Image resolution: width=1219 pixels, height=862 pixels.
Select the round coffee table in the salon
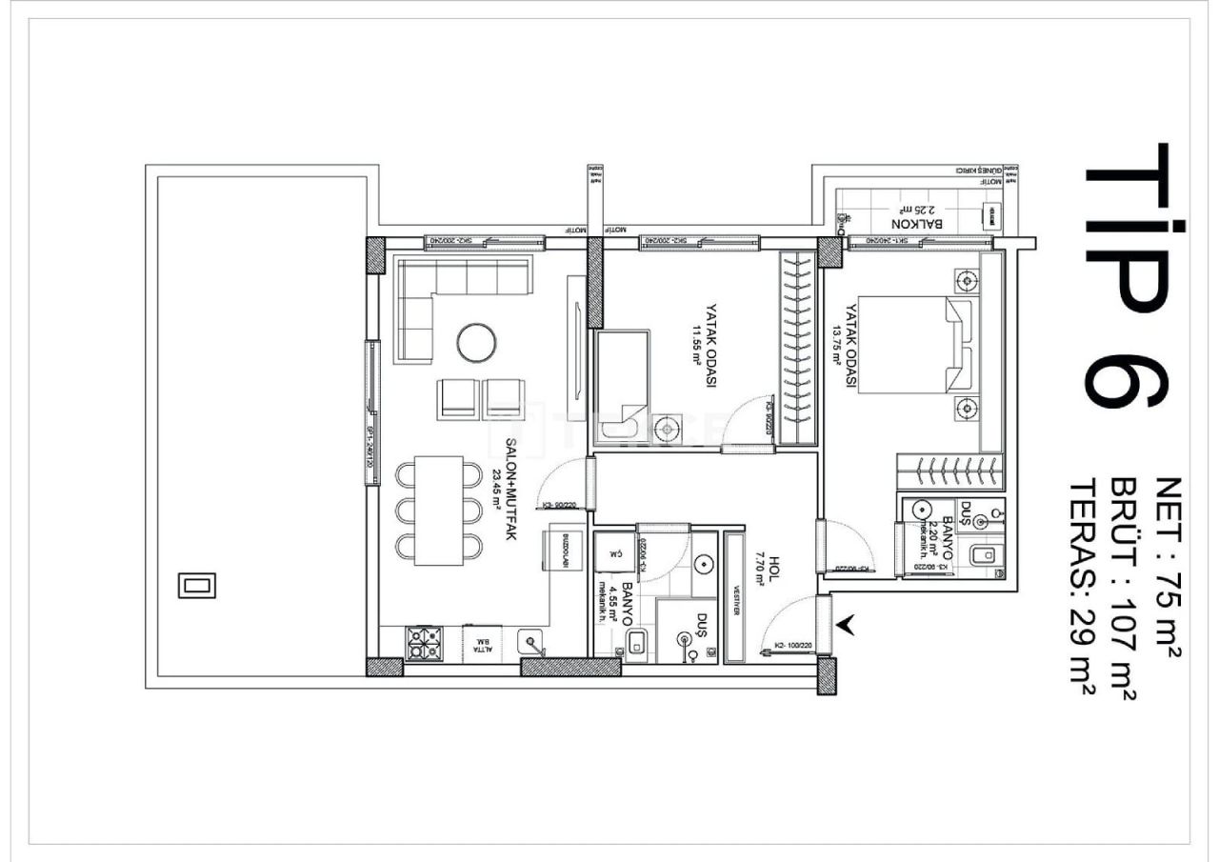click(x=476, y=343)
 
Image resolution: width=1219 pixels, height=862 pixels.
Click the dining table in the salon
click(x=439, y=511)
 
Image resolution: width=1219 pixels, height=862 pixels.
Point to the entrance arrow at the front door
click(x=847, y=625)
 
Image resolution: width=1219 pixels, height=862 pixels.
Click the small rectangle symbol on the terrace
click(x=197, y=585)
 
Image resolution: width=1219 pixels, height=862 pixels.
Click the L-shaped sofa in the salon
click(x=448, y=300)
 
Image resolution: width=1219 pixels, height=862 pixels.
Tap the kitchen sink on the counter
click(x=531, y=644)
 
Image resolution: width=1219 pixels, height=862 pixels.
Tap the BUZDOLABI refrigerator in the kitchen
click(x=559, y=551)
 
